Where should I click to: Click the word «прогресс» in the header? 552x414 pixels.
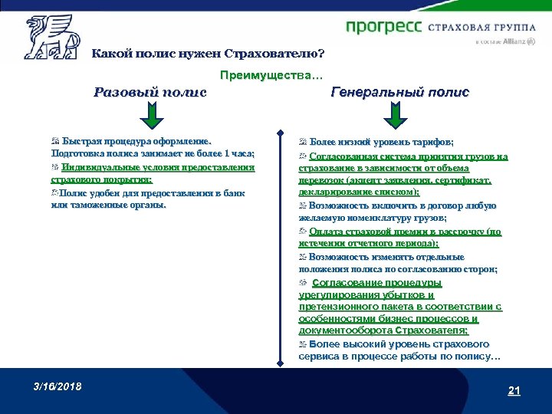(383, 28)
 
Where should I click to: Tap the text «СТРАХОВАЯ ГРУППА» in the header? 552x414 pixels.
(480, 28)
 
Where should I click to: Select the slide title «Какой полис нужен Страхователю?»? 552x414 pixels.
(208, 54)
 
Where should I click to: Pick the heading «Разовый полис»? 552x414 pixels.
(150, 93)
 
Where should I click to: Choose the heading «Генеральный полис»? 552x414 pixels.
(400, 92)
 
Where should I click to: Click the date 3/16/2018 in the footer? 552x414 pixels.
(58, 385)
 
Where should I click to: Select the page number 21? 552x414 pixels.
(514, 391)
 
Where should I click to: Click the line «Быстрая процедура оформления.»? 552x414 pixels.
(136, 142)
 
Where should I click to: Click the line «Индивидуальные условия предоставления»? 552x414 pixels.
(158, 167)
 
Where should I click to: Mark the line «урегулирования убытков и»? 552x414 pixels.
(367, 294)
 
